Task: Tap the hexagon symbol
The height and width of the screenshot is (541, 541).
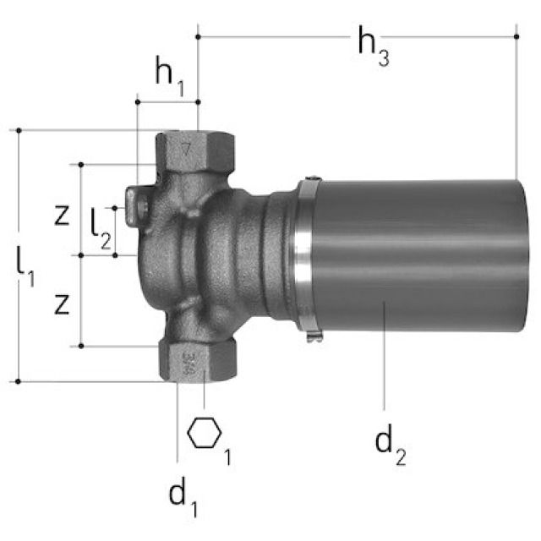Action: point(204,434)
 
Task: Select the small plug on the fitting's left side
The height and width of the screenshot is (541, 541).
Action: point(134,205)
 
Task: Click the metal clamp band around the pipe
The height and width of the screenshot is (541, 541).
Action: point(303,254)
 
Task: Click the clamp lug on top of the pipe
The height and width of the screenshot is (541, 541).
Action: point(309,178)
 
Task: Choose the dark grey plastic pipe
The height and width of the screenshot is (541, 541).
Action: point(414,254)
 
